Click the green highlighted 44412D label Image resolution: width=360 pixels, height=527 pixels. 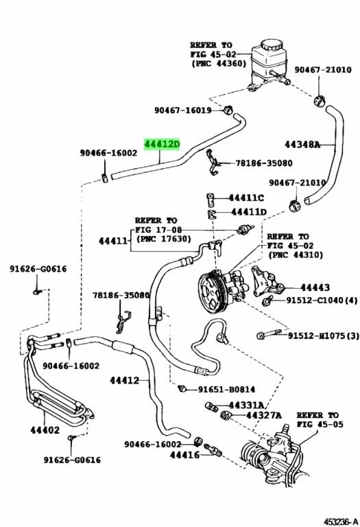[163, 145]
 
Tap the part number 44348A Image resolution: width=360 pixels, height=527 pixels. [302, 145]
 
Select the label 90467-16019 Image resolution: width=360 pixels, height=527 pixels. [182, 110]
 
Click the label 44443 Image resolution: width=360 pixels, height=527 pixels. [315, 288]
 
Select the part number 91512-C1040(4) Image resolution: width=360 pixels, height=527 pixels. [322, 301]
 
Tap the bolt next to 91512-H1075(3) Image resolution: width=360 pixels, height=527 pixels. [269, 333]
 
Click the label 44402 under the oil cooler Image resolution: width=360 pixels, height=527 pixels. [45, 430]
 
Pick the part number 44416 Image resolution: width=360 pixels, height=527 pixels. [184, 455]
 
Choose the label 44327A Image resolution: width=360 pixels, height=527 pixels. [264, 415]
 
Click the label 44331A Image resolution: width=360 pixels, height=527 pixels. [246, 406]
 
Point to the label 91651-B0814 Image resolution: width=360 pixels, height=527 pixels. [226, 389]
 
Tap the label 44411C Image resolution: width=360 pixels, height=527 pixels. [246, 198]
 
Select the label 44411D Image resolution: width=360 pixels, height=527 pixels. [249, 212]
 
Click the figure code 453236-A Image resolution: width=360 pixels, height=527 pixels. [341, 522]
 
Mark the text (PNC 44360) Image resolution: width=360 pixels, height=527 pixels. [219, 63]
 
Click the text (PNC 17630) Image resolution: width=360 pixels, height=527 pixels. [164, 239]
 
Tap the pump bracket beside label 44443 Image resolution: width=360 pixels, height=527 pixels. [265, 281]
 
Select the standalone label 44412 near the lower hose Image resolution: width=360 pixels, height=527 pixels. [124, 380]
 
